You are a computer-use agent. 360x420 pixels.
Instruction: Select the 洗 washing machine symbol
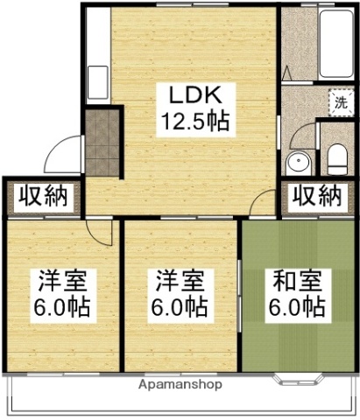pyautogui.click(x=340, y=102)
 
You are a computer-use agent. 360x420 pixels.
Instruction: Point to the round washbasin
pyautogui.click(x=298, y=161)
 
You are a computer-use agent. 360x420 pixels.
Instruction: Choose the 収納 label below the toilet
pyautogui.click(x=316, y=195)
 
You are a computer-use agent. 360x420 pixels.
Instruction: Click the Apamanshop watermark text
pyautogui.click(x=180, y=384)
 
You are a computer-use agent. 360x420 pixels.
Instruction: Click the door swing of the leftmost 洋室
pyautogui.click(x=102, y=229)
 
